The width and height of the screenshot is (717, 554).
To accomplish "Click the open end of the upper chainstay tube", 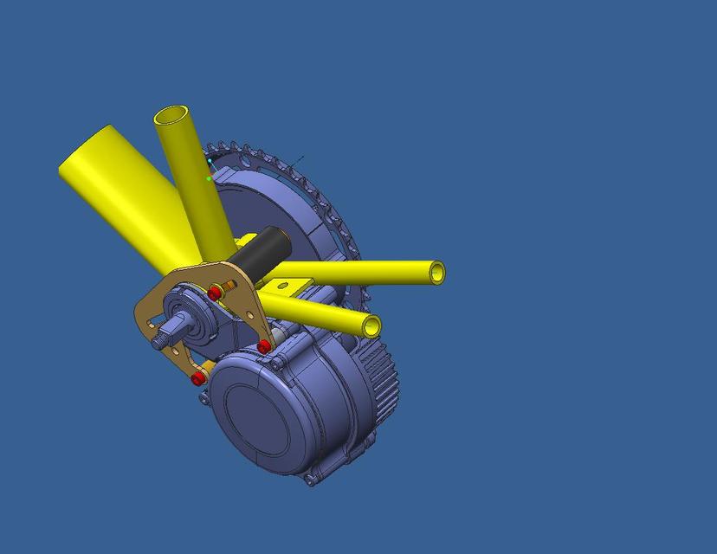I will (x=436, y=273).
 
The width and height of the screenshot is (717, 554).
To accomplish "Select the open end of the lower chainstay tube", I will (x=371, y=326).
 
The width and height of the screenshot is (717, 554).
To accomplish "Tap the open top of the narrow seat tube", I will (x=171, y=116).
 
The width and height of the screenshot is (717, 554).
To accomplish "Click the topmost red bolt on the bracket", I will (x=214, y=293).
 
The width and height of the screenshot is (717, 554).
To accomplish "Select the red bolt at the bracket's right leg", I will (x=264, y=347).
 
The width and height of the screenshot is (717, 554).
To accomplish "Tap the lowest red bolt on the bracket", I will (x=198, y=378).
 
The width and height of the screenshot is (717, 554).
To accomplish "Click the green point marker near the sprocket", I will (x=209, y=178).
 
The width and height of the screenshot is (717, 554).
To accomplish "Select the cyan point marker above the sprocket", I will (x=210, y=161).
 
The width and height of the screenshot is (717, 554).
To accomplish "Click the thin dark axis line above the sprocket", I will (x=296, y=160).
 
